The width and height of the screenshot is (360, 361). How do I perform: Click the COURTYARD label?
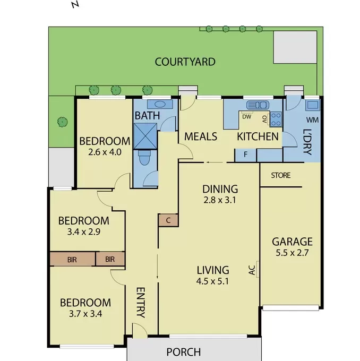coord(185,62)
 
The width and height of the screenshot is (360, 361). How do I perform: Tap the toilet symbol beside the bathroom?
coord(144,158)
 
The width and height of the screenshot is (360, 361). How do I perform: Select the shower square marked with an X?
coord(145,136)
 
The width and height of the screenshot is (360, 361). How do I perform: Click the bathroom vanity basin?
coord(160,104)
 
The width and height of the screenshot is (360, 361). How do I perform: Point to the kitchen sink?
coord(258,105)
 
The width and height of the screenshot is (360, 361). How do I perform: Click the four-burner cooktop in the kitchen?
coord(276,119)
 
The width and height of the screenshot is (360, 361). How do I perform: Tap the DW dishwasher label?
coord(247,117)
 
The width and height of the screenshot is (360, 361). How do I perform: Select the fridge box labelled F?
coord(245,155)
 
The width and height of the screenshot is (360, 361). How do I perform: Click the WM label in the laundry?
coord(312,120)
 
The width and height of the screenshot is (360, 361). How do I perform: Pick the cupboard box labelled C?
coord(168,220)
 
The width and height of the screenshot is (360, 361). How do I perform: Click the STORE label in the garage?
coord(281,175)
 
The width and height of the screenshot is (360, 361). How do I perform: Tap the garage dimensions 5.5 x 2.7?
coord(292,253)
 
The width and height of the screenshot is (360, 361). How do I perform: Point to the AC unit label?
coord(252,270)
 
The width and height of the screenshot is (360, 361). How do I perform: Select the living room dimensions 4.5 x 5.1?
coord(212,281)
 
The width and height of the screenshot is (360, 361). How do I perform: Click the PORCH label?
coord(184,353)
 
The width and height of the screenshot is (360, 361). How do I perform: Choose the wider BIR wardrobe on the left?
coord(73,260)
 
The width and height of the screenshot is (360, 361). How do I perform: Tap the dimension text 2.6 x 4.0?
coord(105,152)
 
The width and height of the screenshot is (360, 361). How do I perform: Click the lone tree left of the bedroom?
coord(63,122)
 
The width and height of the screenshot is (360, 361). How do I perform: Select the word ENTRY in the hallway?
coord(141,303)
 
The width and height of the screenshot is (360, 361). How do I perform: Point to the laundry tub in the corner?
coord(313,105)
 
